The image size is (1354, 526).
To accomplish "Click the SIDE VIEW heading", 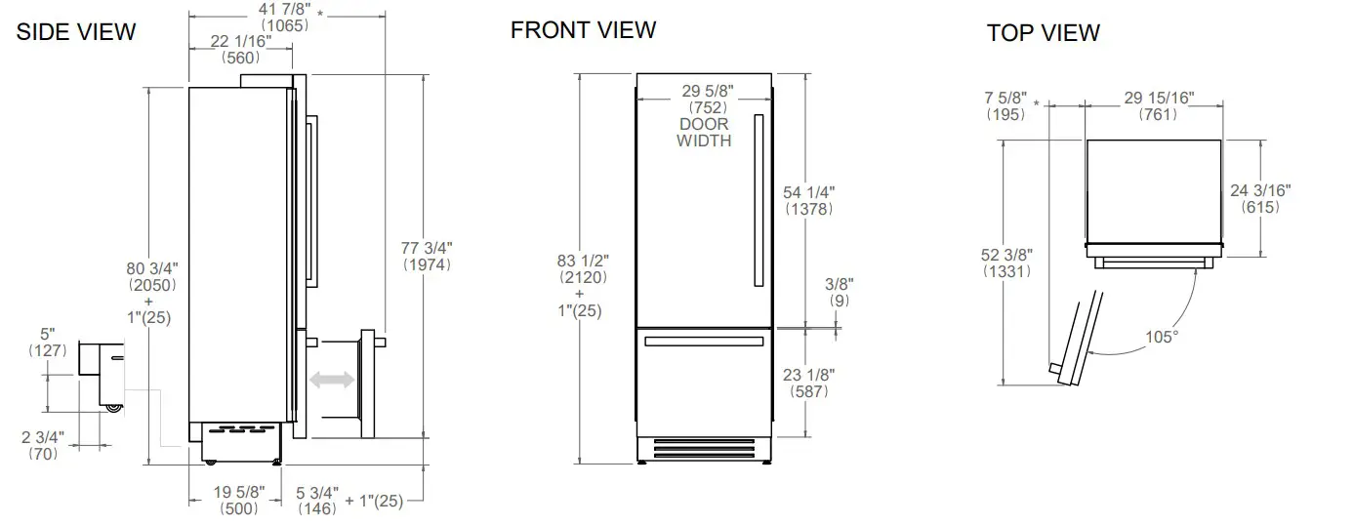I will (76, 32).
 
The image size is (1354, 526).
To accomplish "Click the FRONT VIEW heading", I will (583, 29).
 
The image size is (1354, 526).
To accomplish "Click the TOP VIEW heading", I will (1043, 33).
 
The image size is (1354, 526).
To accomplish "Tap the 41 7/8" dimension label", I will (284, 10).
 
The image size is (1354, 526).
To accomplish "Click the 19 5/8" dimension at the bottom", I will (237, 493).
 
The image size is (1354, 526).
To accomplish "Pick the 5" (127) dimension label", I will (47, 334).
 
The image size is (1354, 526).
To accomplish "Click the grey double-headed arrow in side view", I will (329, 380).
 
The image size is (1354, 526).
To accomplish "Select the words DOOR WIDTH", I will (704, 133).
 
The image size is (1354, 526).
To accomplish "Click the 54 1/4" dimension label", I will (809, 192).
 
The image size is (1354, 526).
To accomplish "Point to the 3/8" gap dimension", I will (839, 284).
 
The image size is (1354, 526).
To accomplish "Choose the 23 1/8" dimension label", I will (809, 374).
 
